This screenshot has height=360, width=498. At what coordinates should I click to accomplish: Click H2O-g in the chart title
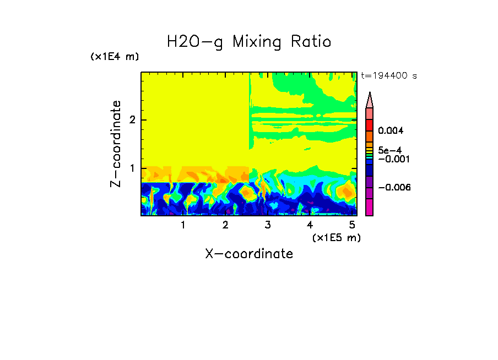click(x=195, y=42)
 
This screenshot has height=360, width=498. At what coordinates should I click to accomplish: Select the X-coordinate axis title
click(x=249, y=254)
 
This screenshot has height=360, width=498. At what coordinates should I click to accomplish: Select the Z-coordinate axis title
click(x=116, y=144)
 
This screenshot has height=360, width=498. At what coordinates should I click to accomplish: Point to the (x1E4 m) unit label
click(x=115, y=57)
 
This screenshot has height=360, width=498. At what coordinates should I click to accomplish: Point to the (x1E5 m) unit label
click(x=336, y=237)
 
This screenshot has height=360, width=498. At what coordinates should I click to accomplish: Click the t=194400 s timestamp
click(x=389, y=75)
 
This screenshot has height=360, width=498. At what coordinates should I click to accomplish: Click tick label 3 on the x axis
click(x=267, y=225)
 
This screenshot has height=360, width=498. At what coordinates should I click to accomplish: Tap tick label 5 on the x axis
click(x=352, y=225)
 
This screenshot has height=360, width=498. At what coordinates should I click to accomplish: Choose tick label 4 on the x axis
click(x=310, y=225)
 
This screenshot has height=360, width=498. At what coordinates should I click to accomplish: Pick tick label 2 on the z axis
click(x=132, y=120)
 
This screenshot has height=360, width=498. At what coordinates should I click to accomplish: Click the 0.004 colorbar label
click(x=391, y=131)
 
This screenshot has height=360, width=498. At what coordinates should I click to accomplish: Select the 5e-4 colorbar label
click(x=389, y=150)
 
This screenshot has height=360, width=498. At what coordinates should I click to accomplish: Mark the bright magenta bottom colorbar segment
click(x=370, y=207)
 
